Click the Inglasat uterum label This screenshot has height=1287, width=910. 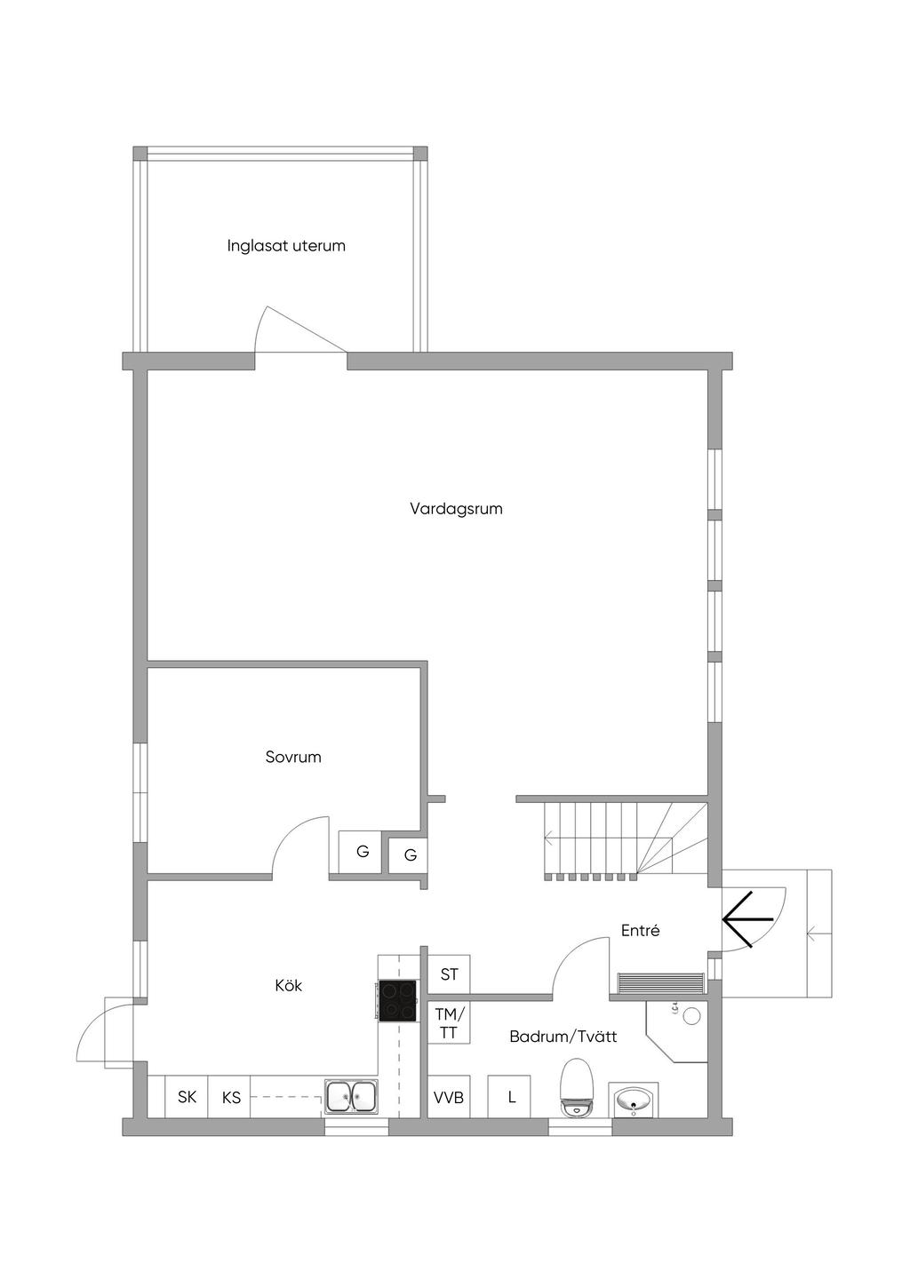coord(285,246)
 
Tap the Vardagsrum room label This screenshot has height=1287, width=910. coord(456,509)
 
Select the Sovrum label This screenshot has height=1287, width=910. coord(293,757)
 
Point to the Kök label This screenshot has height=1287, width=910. coord(288,985)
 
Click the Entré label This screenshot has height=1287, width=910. coord(640,930)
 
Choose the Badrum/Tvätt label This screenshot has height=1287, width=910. coord(563,1037)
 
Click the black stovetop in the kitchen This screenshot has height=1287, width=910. coord(397,1001)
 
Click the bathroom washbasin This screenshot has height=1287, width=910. coord(633,1100)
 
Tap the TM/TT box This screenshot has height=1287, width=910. coord(449,1022)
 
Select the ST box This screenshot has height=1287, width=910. coord(449,974)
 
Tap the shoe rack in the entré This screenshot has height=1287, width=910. coord(660,983)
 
